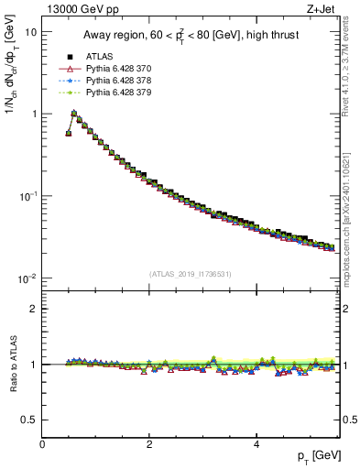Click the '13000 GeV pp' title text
click(x=83, y=10)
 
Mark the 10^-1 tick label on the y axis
click(x=27, y=196)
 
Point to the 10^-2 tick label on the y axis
click(x=27, y=278)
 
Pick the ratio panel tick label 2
click(x=33, y=309)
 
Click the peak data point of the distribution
click(x=74, y=115)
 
